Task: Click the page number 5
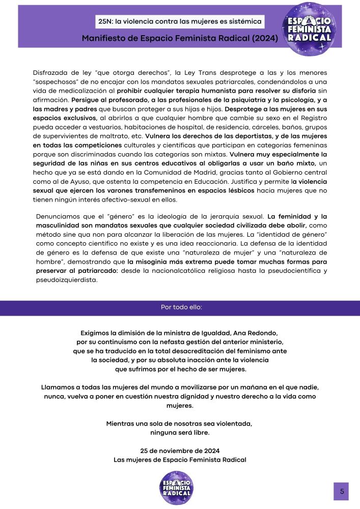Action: tap(342, 491)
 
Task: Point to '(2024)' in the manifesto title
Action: tap(261, 38)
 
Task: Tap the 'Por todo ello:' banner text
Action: tap(180, 307)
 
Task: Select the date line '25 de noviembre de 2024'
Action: tap(180, 450)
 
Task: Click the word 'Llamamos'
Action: tap(58, 387)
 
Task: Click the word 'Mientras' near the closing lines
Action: tap(121, 423)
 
